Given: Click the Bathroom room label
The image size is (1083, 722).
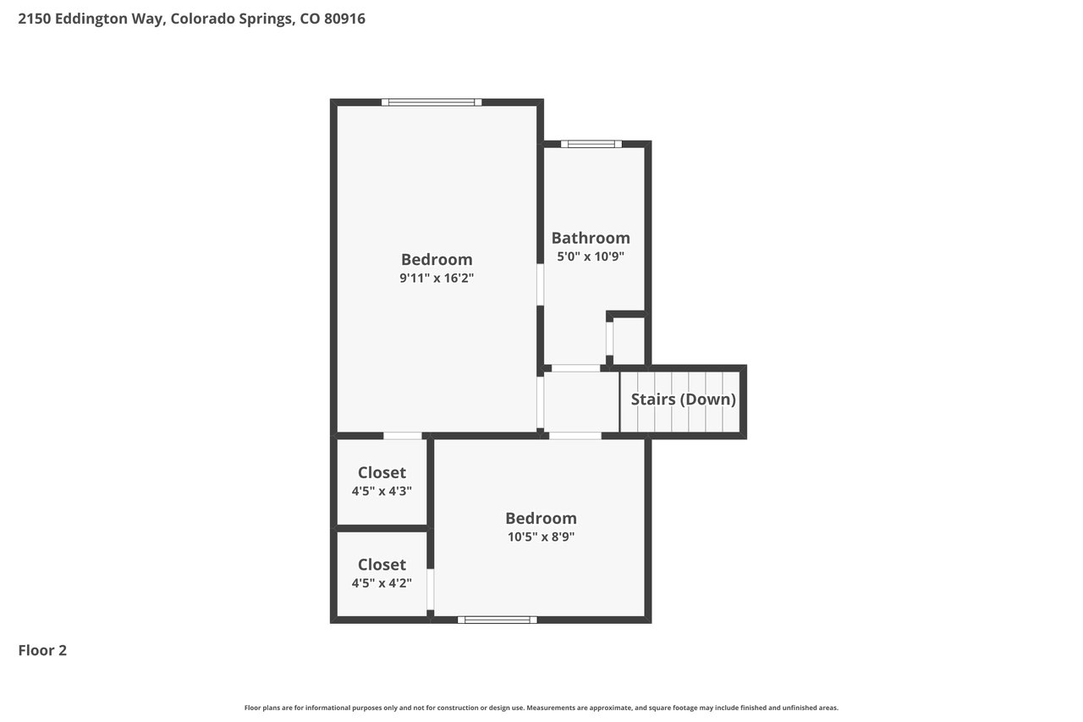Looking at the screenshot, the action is (591, 238).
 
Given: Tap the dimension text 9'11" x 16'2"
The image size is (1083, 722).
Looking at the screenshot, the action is (437, 278).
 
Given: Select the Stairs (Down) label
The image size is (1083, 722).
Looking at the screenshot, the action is (683, 400).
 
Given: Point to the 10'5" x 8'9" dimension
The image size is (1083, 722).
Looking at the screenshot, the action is (541, 537).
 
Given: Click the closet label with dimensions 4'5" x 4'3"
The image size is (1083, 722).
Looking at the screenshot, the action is (382, 472).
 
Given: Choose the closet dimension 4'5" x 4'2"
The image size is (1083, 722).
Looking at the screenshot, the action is (382, 583).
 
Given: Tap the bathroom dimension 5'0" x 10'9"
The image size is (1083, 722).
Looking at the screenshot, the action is (591, 256).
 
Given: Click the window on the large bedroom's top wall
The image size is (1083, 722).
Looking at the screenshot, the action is (432, 102).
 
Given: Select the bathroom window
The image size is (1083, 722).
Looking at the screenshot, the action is (591, 144).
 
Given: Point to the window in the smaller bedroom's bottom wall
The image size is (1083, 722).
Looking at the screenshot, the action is (498, 620).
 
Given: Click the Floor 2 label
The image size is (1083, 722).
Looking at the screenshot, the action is (42, 650).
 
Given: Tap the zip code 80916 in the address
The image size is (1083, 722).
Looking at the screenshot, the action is (344, 19).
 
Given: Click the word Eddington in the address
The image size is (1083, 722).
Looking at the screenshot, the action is (85, 19).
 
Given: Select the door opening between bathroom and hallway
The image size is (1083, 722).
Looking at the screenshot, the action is (576, 368).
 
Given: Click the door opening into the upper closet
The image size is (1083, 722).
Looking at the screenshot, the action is (403, 436).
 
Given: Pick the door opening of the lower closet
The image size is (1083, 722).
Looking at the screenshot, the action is (431, 589).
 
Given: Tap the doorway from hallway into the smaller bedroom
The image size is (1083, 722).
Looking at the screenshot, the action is (575, 436).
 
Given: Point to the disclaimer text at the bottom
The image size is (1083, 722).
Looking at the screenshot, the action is (541, 708).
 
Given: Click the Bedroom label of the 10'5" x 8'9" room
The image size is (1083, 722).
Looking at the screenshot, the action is (541, 518).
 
